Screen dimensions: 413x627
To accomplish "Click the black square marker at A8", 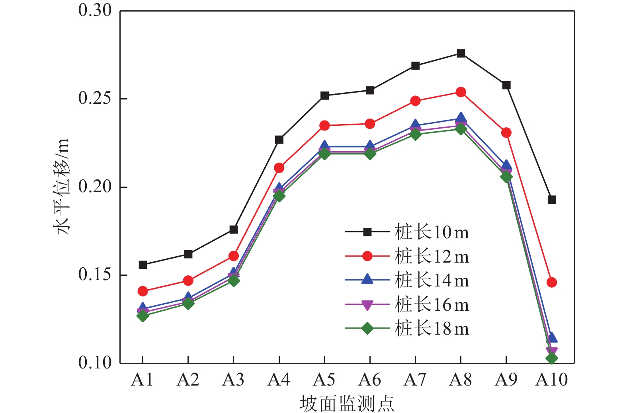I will coord(461,53).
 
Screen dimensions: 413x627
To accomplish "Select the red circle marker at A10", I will coord(551,282).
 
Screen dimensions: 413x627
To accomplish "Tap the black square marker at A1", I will coord(143,265).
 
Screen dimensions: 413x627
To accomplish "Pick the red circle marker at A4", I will coord(279,168).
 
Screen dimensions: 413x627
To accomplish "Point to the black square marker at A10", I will coord(551,200).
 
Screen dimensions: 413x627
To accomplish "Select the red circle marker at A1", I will coord(143,291).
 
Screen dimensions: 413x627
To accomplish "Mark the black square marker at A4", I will coord(279,140).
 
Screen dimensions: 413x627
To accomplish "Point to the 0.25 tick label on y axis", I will coord(95,98).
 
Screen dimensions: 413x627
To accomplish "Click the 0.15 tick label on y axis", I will coord(95,275).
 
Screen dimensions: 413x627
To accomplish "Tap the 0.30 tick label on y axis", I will coord(95,10).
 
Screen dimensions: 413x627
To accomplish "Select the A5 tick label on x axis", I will coord(324,380).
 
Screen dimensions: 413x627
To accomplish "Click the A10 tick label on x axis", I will coord(551,380).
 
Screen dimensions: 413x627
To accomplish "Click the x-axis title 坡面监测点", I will coord(347,403).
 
